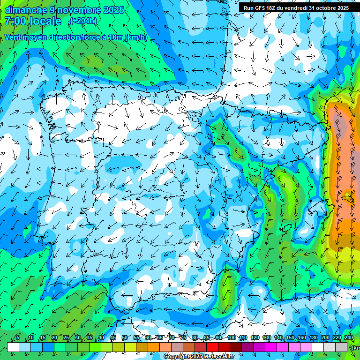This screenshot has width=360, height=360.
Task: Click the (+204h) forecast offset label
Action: point(83,21)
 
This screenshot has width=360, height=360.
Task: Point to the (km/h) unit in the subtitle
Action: point(136,37)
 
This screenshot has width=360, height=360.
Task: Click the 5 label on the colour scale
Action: point(18,338)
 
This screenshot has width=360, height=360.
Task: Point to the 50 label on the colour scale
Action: point(125,338)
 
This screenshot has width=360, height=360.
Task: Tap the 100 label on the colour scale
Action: point(231,338)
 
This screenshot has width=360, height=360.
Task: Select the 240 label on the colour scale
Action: point(348,338)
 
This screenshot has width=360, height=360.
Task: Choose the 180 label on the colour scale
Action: point(314,338)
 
